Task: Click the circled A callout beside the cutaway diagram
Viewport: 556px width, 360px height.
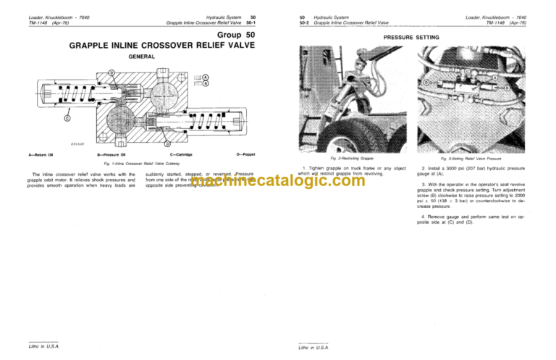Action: coord(205,78)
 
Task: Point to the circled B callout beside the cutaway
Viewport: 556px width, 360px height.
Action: coord(205,83)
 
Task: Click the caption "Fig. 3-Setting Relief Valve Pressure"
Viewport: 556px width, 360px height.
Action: coord(472,158)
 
